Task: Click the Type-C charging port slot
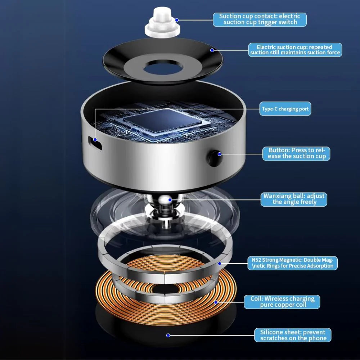click(x=95, y=143)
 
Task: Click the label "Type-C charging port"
click(x=285, y=109)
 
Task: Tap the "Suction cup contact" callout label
click(x=260, y=19)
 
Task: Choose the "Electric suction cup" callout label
click(x=295, y=50)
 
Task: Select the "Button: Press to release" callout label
click(x=296, y=154)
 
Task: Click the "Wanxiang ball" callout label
click(x=294, y=199)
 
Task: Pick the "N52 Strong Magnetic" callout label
click(x=292, y=263)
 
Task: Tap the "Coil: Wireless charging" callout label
click(x=282, y=302)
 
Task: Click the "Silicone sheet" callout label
click(x=293, y=335)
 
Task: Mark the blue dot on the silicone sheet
click(x=168, y=336)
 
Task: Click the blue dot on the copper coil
click(x=216, y=302)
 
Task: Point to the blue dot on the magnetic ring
click(x=220, y=264)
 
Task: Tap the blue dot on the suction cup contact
click(x=177, y=20)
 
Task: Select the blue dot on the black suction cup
click(x=212, y=50)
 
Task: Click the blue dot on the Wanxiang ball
click(x=170, y=200)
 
